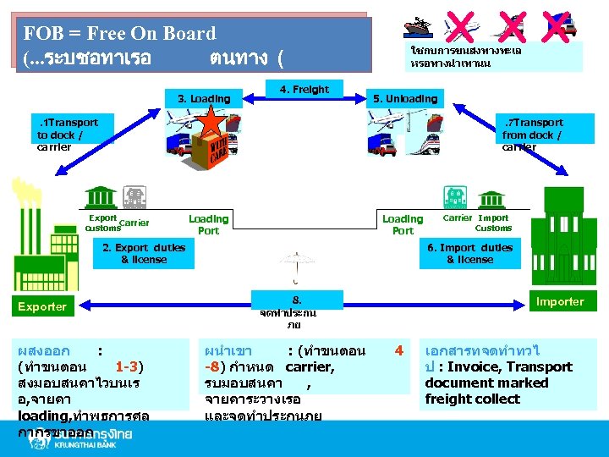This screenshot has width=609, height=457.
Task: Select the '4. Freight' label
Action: [304, 89]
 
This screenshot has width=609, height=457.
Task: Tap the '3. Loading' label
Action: [204, 99]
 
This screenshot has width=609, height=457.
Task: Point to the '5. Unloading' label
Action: [405, 99]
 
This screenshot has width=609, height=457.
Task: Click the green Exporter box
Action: [42, 306]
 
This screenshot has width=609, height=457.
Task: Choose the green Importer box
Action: [559, 301]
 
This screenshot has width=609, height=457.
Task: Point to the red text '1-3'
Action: [127, 366]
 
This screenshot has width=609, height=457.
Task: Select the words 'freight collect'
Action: [472, 399]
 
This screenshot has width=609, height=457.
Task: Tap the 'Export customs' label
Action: [103, 223]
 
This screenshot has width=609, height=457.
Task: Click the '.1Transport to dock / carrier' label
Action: [68, 135]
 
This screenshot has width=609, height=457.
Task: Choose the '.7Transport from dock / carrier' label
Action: [532, 135]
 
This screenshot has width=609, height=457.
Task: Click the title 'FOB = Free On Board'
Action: [120, 34]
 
